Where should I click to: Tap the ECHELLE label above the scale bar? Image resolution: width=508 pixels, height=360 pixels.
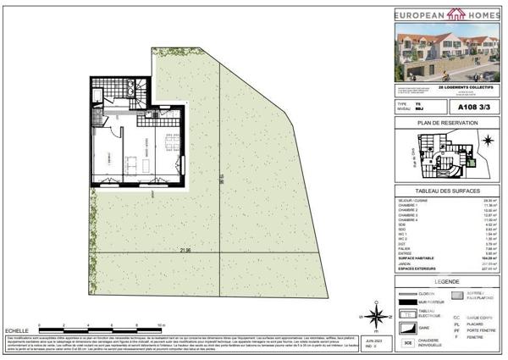tap(16, 326)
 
